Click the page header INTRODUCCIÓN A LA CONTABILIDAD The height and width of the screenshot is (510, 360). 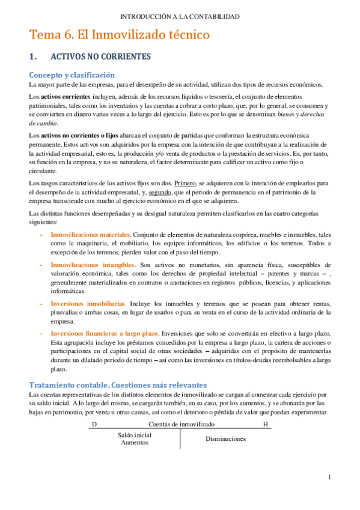[180, 16]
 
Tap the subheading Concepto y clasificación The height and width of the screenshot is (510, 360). [72, 75]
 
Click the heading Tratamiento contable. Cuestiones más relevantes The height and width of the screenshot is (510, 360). [118, 384]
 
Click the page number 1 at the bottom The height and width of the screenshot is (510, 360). [330, 477]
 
